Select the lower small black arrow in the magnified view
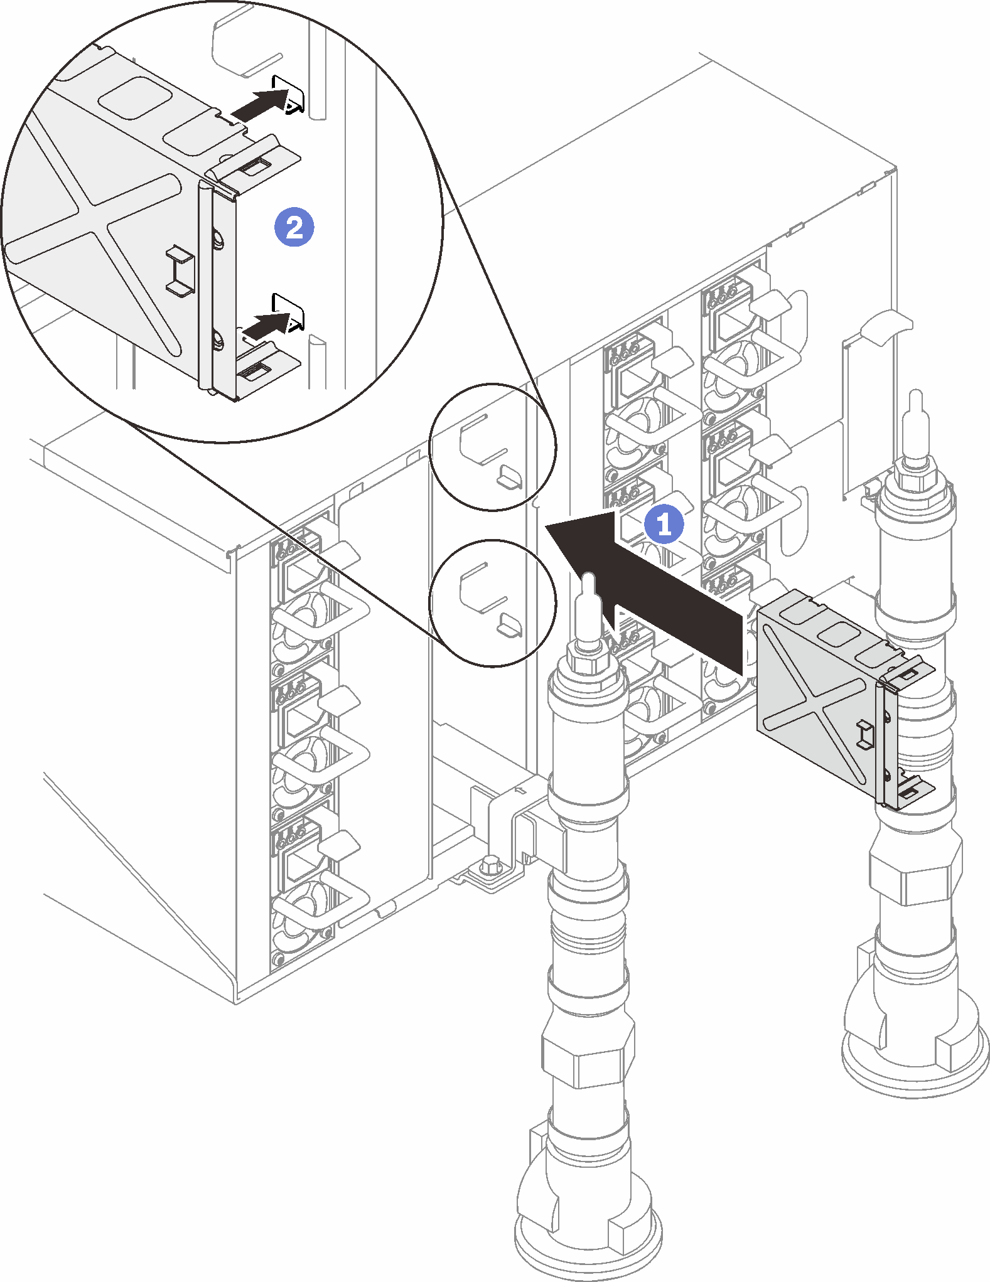pyautogui.click(x=264, y=324)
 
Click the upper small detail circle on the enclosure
pyautogui.click(x=492, y=447)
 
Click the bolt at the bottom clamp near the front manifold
pyautogui.click(x=491, y=867)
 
